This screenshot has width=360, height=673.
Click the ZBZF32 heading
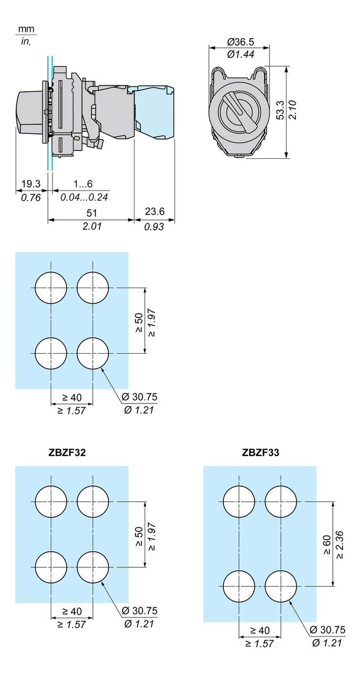tap(67, 453)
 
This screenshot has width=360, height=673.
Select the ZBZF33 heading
tap(261, 453)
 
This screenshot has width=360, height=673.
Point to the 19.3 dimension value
tap(31, 184)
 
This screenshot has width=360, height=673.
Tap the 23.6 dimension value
tap(154, 212)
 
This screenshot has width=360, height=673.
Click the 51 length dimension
tap(91, 212)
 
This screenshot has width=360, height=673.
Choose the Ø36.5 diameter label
tap(241, 42)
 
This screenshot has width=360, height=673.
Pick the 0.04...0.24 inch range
tap(85, 197)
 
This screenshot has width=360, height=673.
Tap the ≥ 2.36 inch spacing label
tap(340, 544)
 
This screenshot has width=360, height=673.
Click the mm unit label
tap(25, 29)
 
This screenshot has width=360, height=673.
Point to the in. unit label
tap(25, 41)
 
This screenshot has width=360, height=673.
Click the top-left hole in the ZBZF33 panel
tap(239, 502)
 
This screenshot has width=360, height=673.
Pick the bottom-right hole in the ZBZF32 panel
tap(92, 567)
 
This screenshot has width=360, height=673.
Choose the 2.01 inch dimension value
tap(91, 226)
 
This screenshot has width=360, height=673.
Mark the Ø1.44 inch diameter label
tap(241, 54)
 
